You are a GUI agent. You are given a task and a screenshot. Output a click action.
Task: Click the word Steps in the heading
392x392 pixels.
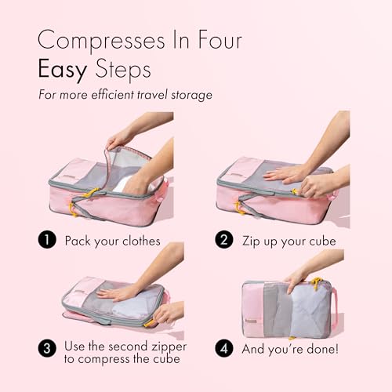point(122,71)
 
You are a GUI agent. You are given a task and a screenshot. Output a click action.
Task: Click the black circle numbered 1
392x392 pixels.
point(49,240)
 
